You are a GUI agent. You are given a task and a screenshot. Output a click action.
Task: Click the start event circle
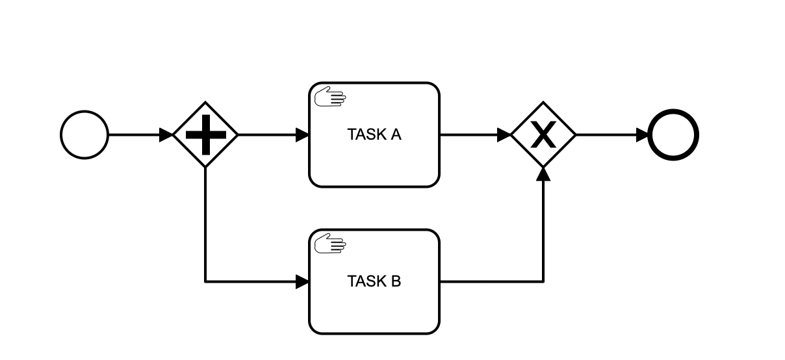(x=84, y=135)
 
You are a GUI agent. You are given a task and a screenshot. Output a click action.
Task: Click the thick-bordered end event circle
(x=673, y=135)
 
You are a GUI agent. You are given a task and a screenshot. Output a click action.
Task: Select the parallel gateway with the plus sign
(x=205, y=135)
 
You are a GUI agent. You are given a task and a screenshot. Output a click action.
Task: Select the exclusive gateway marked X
(x=543, y=135)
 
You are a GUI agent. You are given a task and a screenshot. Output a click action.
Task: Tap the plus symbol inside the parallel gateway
(x=205, y=135)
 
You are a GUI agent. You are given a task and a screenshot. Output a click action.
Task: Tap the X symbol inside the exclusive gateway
(x=543, y=135)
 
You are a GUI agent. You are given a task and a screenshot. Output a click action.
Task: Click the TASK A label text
(x=374, y=135)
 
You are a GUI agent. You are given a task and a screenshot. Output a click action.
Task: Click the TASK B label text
(x=374, y=281)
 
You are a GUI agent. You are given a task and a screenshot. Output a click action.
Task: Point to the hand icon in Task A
(x=330, y=98)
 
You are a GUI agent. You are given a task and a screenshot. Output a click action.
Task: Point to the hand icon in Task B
(x=330, y=245)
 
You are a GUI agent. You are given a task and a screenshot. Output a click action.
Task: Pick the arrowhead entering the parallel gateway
(x=166, y=135)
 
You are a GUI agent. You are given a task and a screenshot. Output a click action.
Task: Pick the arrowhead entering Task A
(x=302, y=135)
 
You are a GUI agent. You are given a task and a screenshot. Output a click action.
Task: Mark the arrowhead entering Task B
(x=302, y=281)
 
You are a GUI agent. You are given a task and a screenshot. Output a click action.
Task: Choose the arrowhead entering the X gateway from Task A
(x=504, y=135)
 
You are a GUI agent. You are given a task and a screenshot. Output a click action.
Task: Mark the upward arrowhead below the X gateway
(x=543, y=174)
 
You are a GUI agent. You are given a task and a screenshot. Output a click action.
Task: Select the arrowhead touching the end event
(x=643, y=135)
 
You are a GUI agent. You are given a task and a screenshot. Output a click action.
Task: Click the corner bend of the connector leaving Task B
(x=543, y=281)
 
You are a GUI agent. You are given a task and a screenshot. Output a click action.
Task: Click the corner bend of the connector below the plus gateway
(x=205, y=281)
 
